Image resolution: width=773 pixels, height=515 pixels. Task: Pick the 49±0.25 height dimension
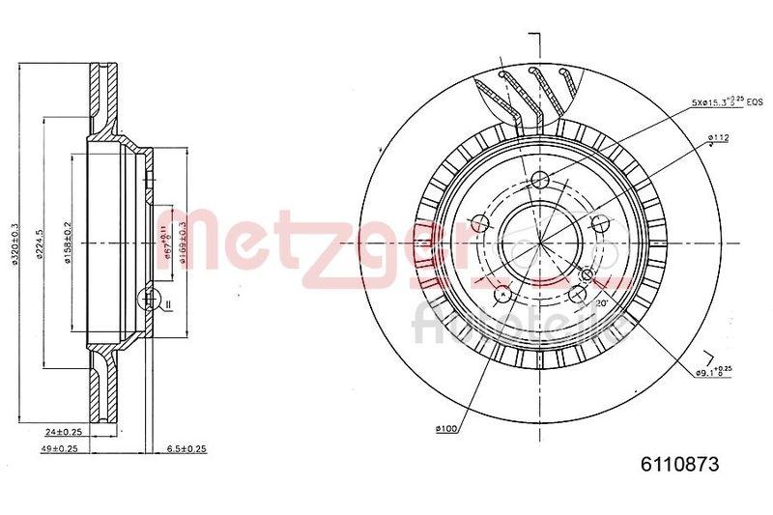click(61, 448)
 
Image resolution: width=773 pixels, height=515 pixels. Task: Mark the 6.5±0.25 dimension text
click(186, 448)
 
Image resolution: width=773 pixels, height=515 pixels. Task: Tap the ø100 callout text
click(446, 428)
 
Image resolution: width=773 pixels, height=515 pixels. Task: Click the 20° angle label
click(600, 301)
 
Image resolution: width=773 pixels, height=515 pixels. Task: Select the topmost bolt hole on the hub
click(540, 179)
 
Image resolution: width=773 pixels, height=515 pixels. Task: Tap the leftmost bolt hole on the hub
click(478, 224)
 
